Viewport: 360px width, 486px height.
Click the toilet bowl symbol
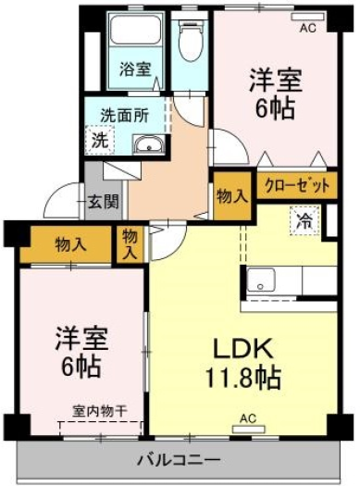click(191, 42)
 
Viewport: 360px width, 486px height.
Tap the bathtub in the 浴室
click(135, 30)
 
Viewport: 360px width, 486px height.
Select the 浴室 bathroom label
click(135, 69)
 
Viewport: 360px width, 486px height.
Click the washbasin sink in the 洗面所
click(149, 144)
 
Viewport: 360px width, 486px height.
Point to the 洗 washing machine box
click(100, 140)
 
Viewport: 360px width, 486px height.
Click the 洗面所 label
click(125, 116)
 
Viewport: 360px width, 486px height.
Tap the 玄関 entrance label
click(103, 202)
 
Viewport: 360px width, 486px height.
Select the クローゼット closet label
click(297, 186)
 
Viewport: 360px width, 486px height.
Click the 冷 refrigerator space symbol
click(304, 220)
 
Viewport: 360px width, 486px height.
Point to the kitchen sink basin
click(261, 280)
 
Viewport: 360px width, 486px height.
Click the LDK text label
click(242, 349)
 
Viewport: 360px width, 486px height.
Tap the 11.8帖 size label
click(243, 377)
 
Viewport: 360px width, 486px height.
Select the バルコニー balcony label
click(179, 460)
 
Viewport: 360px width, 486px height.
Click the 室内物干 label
click(100, 412)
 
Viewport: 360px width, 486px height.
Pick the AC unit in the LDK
click(249, 429)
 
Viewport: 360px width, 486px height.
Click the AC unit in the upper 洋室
click(308, 17)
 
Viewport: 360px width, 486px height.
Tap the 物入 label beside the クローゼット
click(232, 196)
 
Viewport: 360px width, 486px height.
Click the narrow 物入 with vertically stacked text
click(130, 245)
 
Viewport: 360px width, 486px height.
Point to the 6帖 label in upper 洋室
click(275, 108)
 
